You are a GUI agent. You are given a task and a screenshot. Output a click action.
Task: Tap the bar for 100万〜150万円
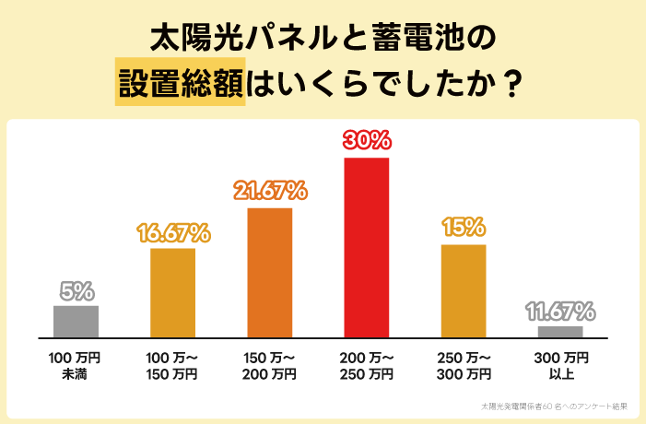[172, 292]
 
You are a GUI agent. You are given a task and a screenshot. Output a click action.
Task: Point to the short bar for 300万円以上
[560, 332]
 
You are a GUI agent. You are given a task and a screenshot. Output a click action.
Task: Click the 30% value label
[367, 141]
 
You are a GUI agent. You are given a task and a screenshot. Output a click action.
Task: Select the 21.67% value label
[270, 191]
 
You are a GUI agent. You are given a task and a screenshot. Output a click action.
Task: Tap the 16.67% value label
[173, 231]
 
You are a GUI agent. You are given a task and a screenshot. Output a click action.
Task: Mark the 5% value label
[76, 290]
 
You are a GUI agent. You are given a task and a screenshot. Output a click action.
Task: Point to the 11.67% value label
[560, 311]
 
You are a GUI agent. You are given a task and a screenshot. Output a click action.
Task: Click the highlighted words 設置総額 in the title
[181, 83]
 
